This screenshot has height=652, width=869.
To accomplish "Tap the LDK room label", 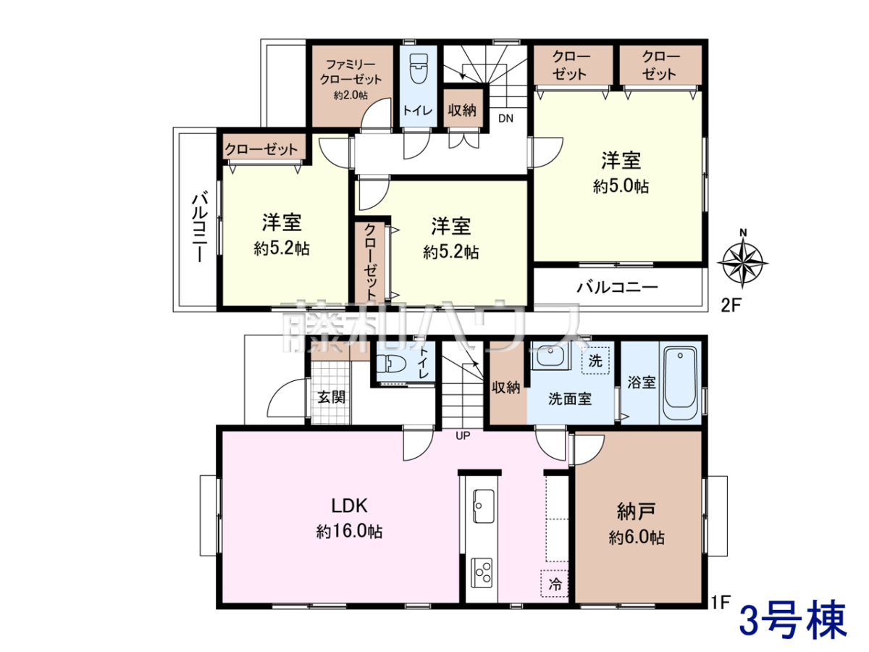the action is pyautogui.click(x=349, y=506).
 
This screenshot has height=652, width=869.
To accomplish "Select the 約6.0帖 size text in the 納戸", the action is pyautogui.click(x=637, y=538).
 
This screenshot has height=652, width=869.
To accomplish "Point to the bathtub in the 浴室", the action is pyautogui.click(x=680, y=383).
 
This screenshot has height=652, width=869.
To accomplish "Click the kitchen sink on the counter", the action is pyautogui.click(x=482, y=506).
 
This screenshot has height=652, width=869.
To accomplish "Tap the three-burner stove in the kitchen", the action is pyautogui.click(x=482, y=573).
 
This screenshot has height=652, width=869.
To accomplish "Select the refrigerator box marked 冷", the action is pyautogui.click(x=555, y=583).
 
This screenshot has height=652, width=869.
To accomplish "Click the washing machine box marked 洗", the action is pyautogui.click(x=595, y=361).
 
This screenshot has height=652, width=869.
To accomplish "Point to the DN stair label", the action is pyautogui.click(x=505, y=118).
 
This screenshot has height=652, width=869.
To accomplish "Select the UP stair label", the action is pyautogui.click(x=463, y=436).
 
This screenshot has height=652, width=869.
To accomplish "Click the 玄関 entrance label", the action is pyautogui.click(x=332, y=397).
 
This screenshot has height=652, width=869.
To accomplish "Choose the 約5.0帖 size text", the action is pyautogui.click(x=621, y=186).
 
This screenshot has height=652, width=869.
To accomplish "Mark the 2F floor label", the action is pyautogui.click(x=731, y=305).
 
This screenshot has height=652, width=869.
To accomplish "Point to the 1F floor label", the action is pyautogui.click(x=720, y=602).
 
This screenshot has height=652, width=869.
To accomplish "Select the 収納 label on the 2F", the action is pyautogui.click(x=462, y=110).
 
